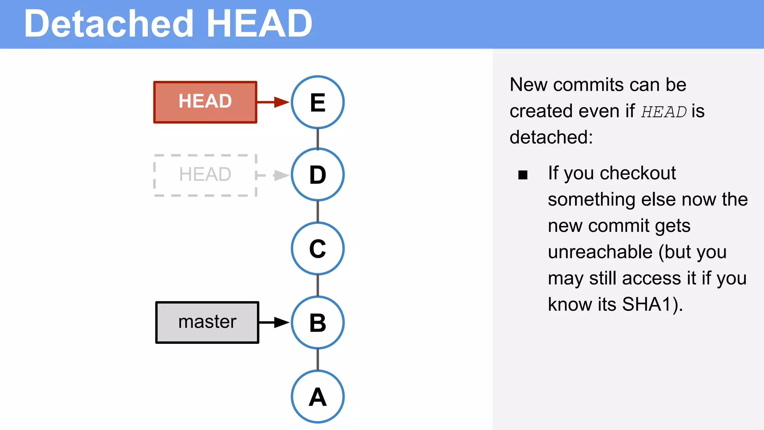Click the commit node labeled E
(317, 102)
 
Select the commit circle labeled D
(317, 175)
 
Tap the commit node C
(317, 249)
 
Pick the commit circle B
(317, 322)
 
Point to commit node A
(317, 396)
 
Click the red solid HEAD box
(205, 102)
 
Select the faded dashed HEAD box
(205, 175)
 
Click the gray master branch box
(207, 322)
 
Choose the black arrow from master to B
(274, 322)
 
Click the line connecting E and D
(317, 138)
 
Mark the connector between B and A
(317, 359)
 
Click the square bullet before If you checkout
(523, 175)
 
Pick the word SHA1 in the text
(647, 304)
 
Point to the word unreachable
(600, 252)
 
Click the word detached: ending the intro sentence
(551, 137)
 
